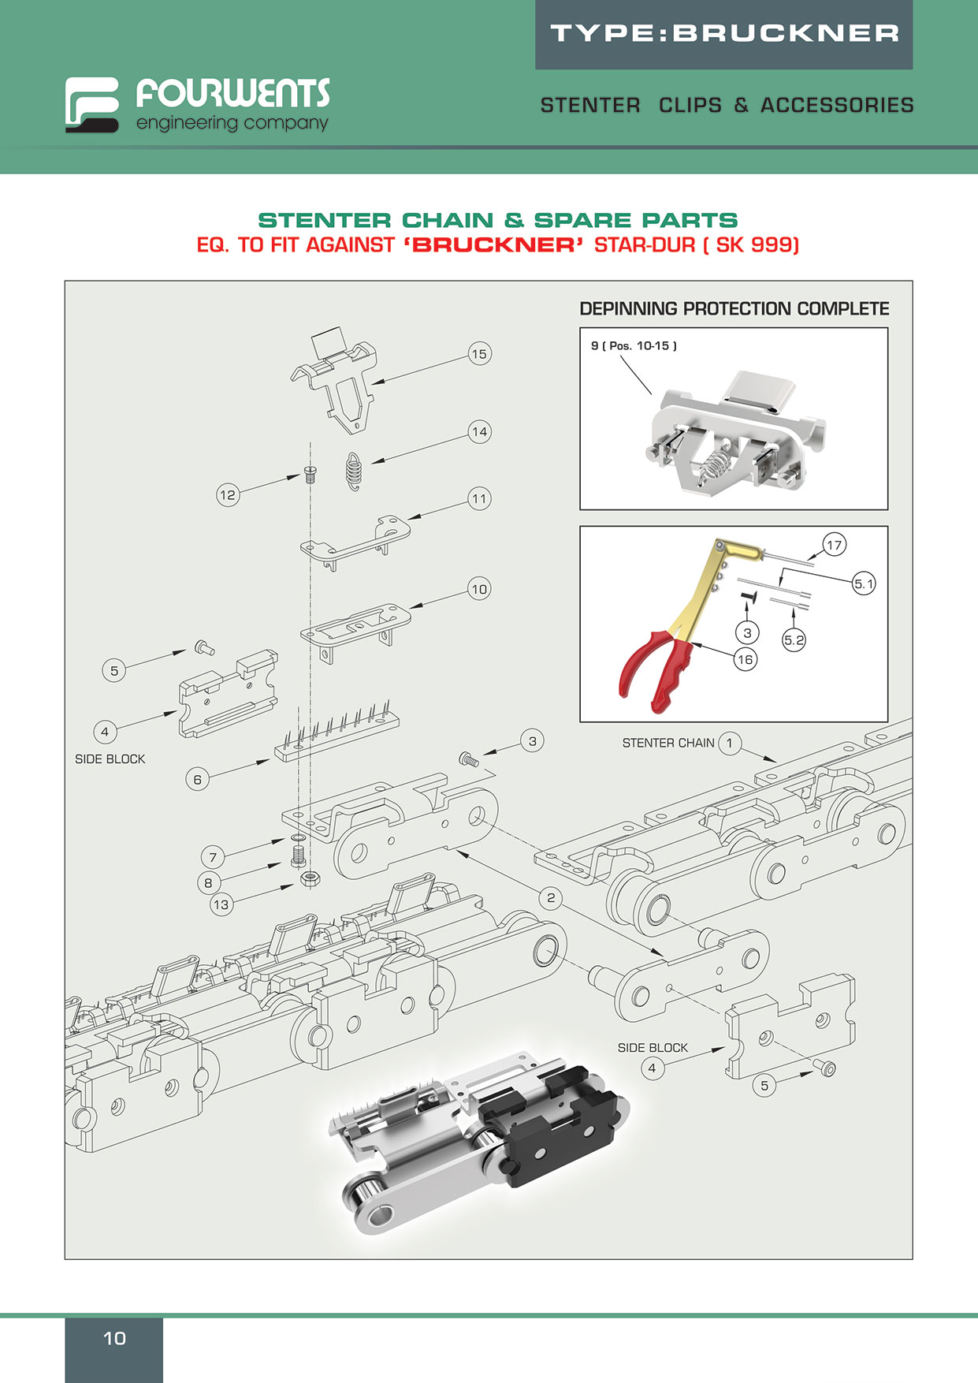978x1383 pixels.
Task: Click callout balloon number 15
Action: [x=479, y=354]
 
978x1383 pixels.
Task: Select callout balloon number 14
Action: [x=479, y=431]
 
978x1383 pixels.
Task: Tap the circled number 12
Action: [x=228, y=495]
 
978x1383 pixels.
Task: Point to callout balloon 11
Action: [x=479, y=498]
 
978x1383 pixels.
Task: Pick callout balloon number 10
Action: [x=479, y=589]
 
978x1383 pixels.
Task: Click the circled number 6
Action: [x=197, y=780]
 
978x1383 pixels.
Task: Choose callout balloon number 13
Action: [x=221, y=904]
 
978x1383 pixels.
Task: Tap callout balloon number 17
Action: [x=834, y=544]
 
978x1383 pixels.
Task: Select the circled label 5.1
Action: [x=864, y=584]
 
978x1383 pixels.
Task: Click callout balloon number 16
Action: [x=745, y=659]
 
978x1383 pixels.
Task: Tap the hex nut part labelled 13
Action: [x=310, y=878]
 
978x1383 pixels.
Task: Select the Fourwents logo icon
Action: [x=92, y=104]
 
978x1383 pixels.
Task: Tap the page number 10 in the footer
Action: [x=114, y=1338]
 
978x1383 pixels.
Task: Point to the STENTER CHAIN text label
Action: [x=667, y=743]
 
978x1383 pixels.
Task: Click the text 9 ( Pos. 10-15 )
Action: [x=634, y=345]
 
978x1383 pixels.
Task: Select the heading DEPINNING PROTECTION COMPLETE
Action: [x=734, y=309]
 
